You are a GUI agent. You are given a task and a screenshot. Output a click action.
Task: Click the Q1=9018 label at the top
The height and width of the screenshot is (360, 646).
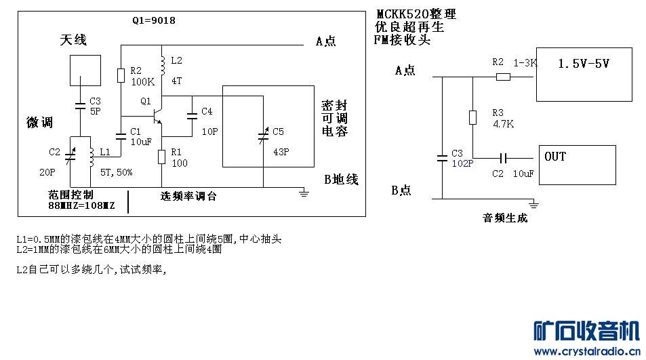(154, 20)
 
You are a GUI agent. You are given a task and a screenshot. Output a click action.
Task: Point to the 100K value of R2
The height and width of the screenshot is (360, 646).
(142, 81)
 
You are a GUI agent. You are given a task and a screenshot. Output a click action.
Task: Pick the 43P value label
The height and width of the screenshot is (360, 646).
(281, 152)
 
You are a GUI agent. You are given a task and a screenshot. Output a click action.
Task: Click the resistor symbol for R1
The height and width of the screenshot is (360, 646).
(161, 157)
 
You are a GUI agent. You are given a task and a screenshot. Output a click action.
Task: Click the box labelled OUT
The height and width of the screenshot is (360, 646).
(577, 164)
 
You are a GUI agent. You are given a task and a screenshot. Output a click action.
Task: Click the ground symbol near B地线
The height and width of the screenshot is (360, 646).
(304, 193)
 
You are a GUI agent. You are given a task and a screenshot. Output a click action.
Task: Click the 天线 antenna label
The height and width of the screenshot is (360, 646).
(73, 40)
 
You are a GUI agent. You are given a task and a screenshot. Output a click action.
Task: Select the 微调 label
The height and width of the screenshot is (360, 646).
(39, 122)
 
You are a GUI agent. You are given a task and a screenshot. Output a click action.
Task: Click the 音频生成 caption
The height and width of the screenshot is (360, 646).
(504, 218)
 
